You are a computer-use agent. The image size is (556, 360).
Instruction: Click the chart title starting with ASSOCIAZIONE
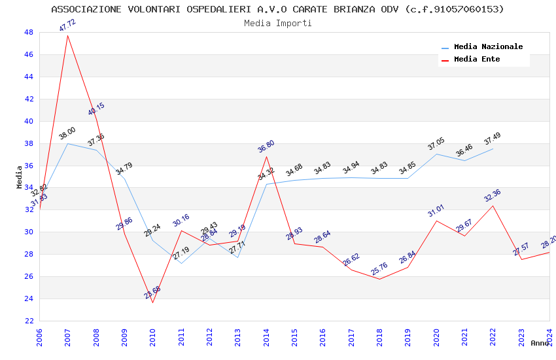click(x=278, y=9)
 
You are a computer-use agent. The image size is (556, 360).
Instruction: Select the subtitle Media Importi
click(x=278, y=23)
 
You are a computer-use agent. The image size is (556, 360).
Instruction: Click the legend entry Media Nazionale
click(x=488, y=47)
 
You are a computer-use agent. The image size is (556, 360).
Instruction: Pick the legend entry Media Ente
click(x=477, y=60)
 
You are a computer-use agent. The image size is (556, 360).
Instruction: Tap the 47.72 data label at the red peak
click(x=67, y=26)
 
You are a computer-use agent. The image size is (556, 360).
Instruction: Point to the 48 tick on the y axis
click(x=28, y=32)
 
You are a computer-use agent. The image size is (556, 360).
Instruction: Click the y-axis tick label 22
click(x=28, y=321)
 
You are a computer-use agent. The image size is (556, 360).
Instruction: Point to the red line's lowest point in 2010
click(x=153, y=302)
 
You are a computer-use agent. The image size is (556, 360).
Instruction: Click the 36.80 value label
click(x=266, y=147)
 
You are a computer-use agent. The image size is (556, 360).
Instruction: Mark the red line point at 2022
click(x=493, y=206)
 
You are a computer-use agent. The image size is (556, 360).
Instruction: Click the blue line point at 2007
click(x=67, y=143)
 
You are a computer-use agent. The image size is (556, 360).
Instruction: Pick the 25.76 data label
click(x=379, y=269)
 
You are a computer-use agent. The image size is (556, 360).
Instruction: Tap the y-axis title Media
click(x=20, y=177)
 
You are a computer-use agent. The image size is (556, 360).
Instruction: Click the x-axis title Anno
click(x=540, y=343)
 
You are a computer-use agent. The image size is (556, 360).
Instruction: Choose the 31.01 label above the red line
click(x=436, y=210)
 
